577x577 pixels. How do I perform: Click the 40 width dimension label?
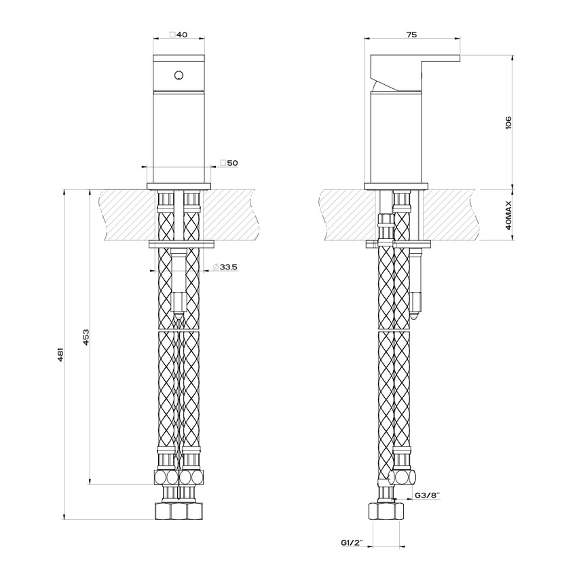tap(179, 35)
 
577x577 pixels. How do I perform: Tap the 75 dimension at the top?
tap(412, 35)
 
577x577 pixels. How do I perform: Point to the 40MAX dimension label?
tap(508, 215)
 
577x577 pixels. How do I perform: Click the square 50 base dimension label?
tap(229, 163)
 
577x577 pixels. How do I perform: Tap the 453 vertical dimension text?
tap(86, 337)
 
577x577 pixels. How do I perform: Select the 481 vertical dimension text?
tap(61, 354)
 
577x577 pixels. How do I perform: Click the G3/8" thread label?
tap(428, 496)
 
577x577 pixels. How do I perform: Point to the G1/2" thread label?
tap(352, 542)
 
